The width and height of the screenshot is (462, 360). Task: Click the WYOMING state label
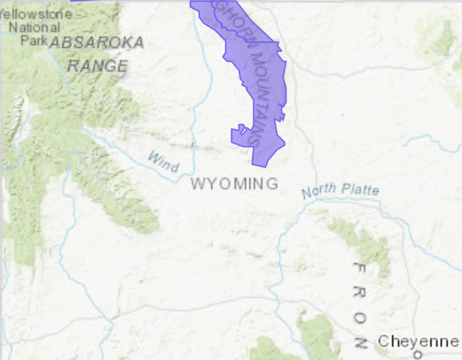click(234, 184)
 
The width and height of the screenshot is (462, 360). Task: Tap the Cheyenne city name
click(418, 341)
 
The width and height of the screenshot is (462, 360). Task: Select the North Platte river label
click(340, 190)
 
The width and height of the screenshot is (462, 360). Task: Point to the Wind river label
click(162, 161)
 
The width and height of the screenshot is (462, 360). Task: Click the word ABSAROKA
click(97, 43)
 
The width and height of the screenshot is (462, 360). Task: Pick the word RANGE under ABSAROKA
click(97, 65)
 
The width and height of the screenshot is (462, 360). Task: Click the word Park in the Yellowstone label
click(34, 41)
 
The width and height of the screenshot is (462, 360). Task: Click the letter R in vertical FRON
click(360, 292)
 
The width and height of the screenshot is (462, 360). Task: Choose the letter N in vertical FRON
click(360, 342)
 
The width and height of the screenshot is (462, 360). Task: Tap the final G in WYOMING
click(272, 184)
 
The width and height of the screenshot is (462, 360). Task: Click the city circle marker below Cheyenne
click(418, 355)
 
